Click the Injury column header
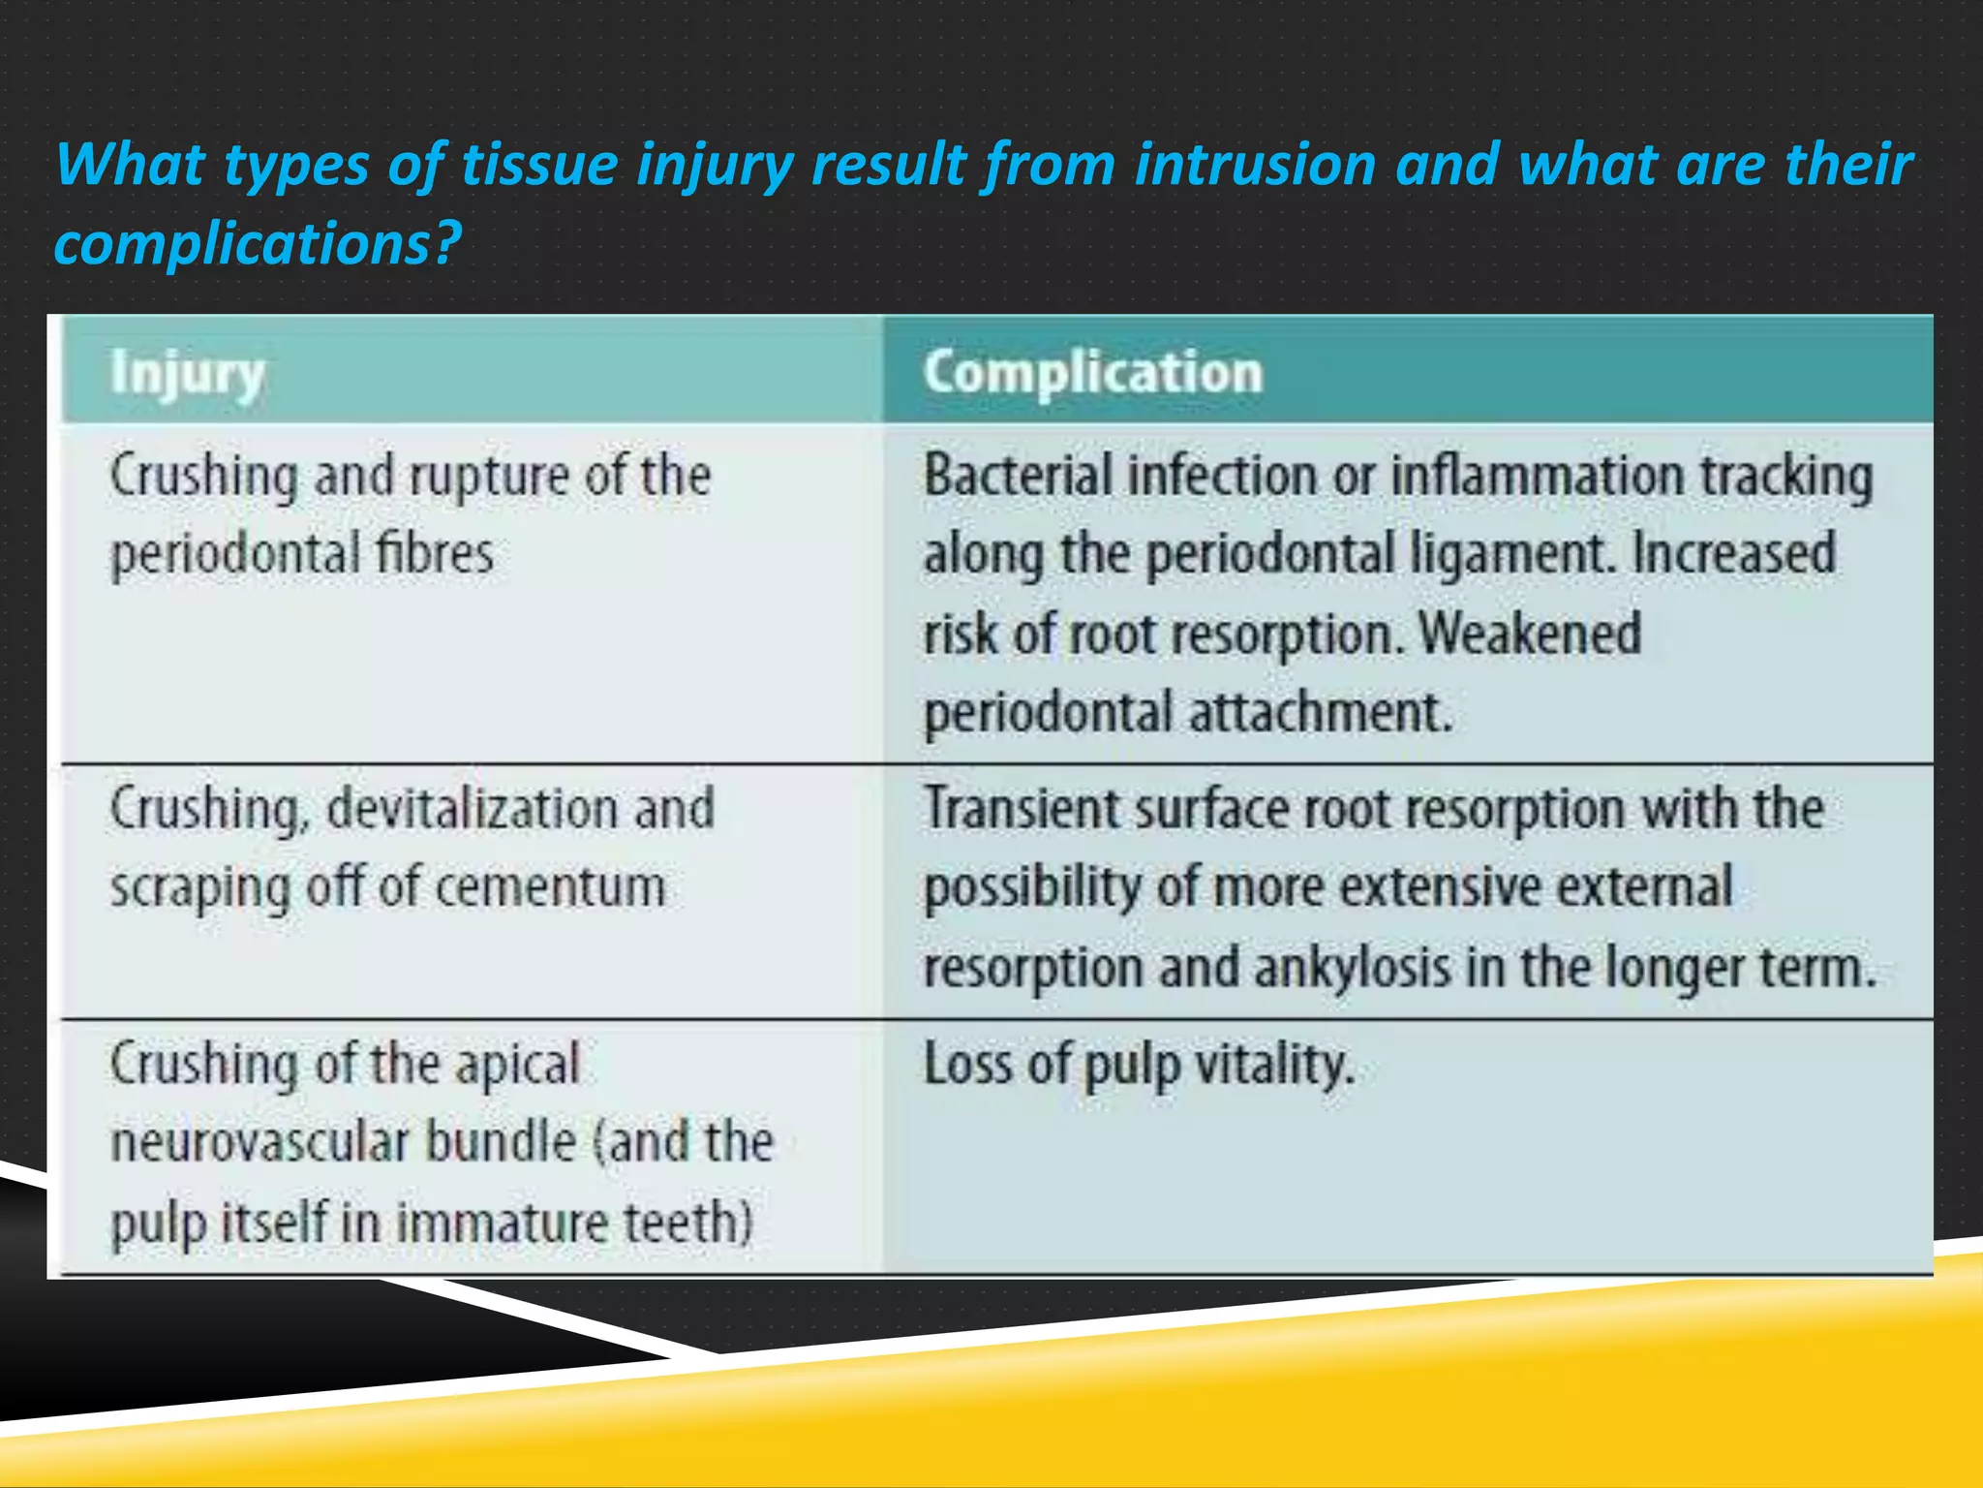[187, 374]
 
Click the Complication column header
[1092, 372]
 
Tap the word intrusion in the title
[1255, 165]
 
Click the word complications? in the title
[257, 243]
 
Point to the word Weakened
[1530, 634]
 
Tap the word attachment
[1321, 712]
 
